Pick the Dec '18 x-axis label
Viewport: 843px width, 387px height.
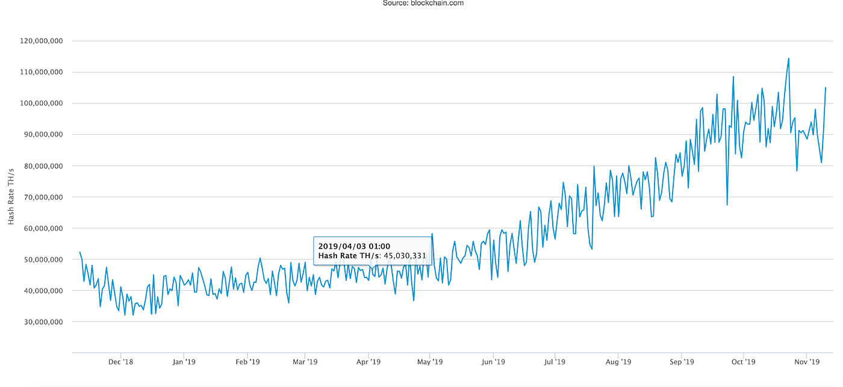tap(120, 362)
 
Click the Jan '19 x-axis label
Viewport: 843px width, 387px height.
tap(184, 362)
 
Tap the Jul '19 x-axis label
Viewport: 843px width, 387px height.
tap(555, 362)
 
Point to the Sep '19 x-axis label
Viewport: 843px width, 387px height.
tap(681, 362)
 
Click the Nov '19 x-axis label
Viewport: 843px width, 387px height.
tap(807, 362)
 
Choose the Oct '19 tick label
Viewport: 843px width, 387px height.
tap(743, 362)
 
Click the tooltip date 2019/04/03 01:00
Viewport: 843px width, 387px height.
tap(354, 246)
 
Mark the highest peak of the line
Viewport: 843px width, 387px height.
tap(788, 58)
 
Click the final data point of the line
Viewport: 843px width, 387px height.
tap(826, 88)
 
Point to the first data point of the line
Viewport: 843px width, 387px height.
tap(79, 252)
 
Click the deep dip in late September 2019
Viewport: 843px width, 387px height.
tap(727, 205)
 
